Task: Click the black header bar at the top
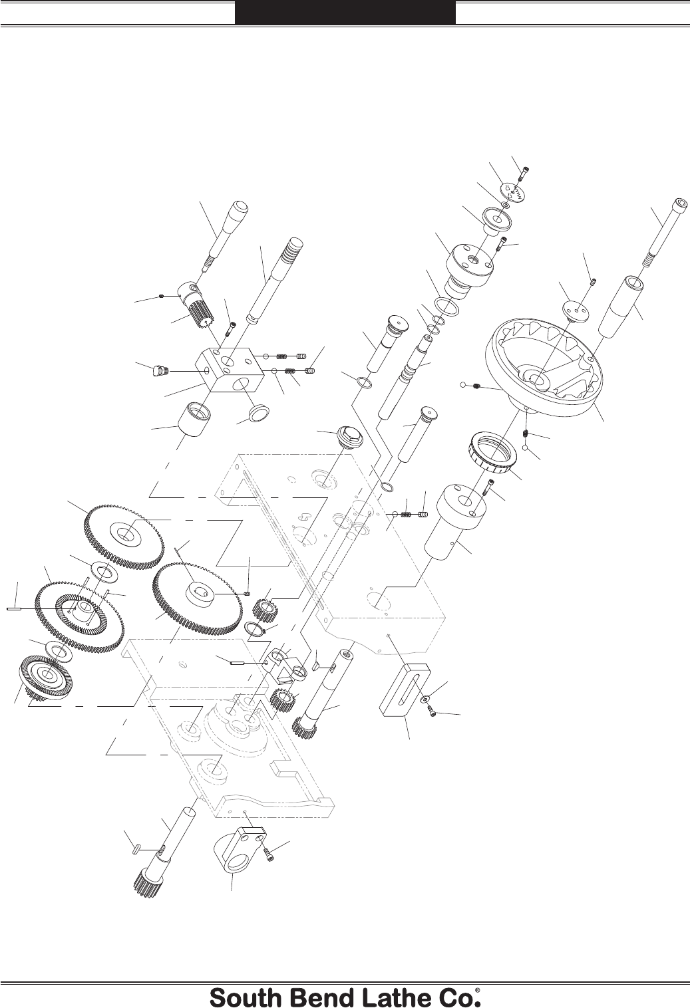345,12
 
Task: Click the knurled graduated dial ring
494,452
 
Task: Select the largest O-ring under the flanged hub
447,306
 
